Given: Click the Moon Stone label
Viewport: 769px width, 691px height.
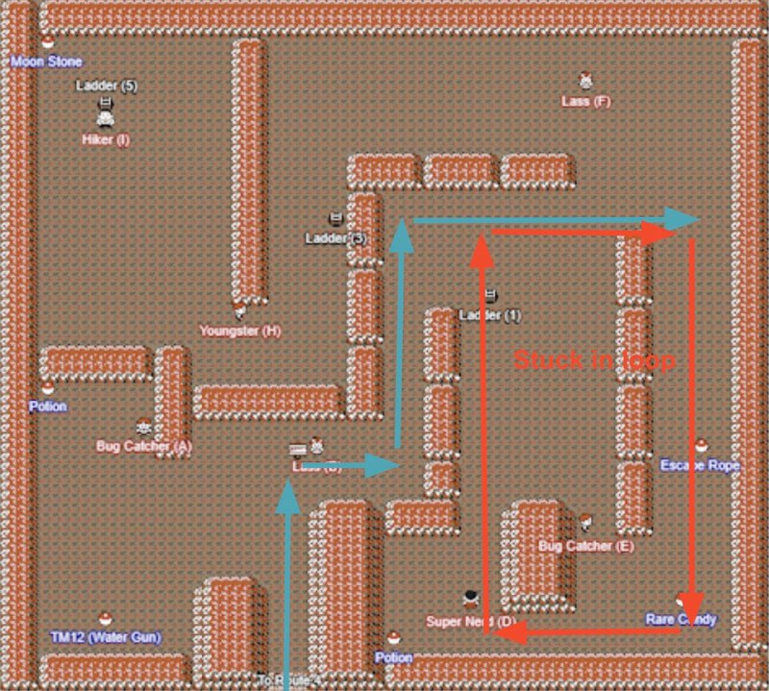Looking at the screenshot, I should pos(46,62).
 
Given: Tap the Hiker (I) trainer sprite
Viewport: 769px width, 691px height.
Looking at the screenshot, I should pos(106,119).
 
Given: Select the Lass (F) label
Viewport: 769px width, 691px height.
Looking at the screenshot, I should pos(585,101).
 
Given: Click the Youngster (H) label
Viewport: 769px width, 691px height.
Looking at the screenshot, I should pos(240,332).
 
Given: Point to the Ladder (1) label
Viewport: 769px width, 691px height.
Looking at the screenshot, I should pos(490,315).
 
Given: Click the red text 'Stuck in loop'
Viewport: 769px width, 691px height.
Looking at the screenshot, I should pos(594,361).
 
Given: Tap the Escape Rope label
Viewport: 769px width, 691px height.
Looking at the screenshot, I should pos(700,465).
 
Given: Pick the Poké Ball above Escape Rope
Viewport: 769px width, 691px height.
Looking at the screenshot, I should pos(702,447).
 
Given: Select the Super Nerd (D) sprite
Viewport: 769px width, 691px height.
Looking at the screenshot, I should pos(471,600).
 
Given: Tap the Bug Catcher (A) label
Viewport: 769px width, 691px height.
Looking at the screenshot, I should pos(144,446).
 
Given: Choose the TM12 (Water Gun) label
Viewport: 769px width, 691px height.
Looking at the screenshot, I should pos(106,637).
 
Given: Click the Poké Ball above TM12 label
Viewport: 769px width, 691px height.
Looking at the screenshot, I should pos(106,619).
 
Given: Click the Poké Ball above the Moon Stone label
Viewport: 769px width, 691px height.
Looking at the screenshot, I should pos(47,41).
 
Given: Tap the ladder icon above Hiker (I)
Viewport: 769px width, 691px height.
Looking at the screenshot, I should pos(106,102).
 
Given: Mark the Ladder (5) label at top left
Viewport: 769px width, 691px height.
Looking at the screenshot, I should pos(107,86).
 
